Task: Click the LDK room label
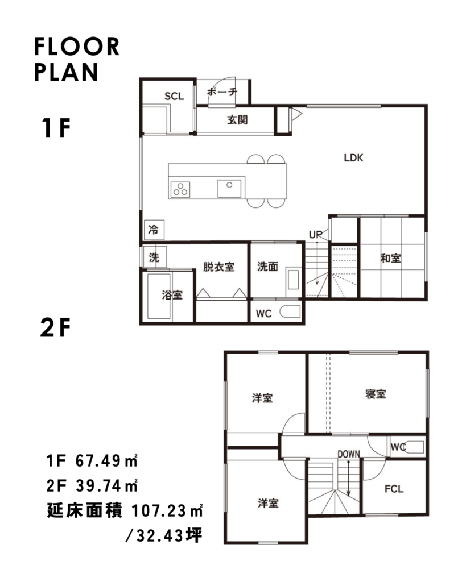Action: click(x=353, y=158)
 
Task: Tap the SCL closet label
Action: click(x=174, y=97)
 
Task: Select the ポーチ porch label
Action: click(x=222, y=92)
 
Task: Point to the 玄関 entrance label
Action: click(x=237, y=119)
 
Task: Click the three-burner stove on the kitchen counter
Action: click(x=180, y=189)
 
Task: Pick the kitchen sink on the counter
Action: click(x=229, y=188)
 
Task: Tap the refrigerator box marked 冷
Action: click(x=154, y=230)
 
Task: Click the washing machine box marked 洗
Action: click(x=154, y=257)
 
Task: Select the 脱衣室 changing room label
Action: click(x=218, y=267)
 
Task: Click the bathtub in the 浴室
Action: click(x=159, y=296)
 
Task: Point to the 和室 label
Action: click(x=390, y=259)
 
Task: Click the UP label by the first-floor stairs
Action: click(x=315, y=235)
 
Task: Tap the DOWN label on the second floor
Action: click(x=349, y=454)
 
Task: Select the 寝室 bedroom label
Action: click(x=376, y=394)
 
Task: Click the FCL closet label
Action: click(x=394, y=489)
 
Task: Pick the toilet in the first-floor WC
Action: click(x=290, y=312)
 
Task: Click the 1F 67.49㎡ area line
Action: click(x=92, y=460)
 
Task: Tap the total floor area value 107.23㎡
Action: click(x=167, y=511)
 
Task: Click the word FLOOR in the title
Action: click(x=77, y=47)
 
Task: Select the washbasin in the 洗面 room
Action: click(x=293, y=280)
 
